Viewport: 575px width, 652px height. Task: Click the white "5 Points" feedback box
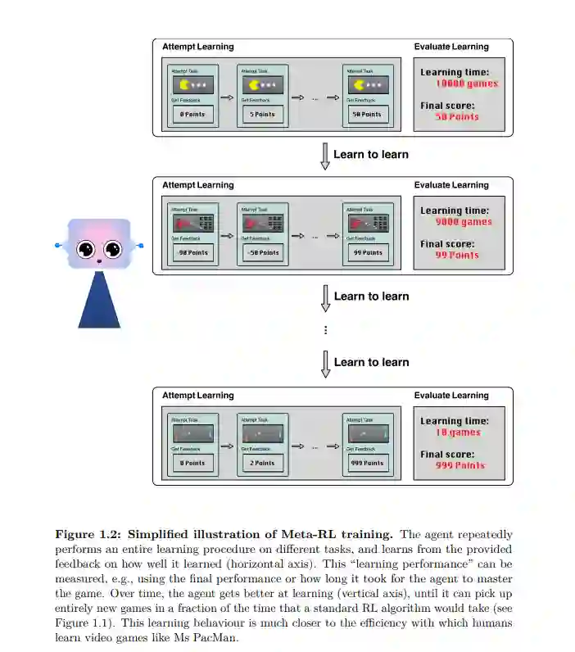coord(262,115)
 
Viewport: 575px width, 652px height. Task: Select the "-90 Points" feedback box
coord(192,253)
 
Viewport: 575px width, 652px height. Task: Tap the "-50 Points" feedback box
coord(262,253)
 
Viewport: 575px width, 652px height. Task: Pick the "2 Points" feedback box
coord(262,464)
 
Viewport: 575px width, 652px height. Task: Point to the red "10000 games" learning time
coord(467,84)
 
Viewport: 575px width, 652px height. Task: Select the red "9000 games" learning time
coord(464,222)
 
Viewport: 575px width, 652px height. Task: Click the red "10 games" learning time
coord(458,432)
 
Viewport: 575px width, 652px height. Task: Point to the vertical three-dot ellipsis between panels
coord(325,330)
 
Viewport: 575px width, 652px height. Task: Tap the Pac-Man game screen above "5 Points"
coord(262,84)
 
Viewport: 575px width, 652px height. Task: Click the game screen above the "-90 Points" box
coord(192,222)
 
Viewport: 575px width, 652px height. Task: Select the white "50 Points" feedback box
coord(367,115)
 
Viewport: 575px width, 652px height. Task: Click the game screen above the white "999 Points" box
coord(367,432)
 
